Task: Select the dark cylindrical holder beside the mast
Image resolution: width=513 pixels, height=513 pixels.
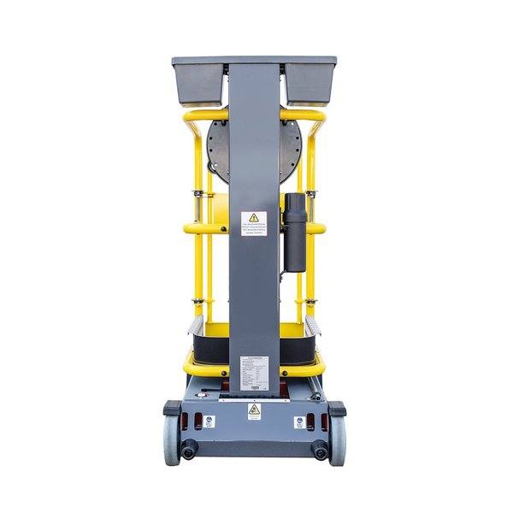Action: pos(295,231)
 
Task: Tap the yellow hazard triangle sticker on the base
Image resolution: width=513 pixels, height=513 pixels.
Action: pos(254,410)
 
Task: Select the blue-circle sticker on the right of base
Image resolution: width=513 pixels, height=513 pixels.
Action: pos(300,422)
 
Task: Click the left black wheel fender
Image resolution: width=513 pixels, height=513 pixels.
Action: pos(172,408)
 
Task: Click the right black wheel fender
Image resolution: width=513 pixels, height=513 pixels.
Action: pos(337,408)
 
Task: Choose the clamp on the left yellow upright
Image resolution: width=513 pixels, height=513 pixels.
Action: pos(198,196)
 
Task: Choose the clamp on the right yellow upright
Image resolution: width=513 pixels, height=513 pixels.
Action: pos(310,196)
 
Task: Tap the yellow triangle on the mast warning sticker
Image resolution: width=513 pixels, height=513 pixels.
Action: pos(254,217)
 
